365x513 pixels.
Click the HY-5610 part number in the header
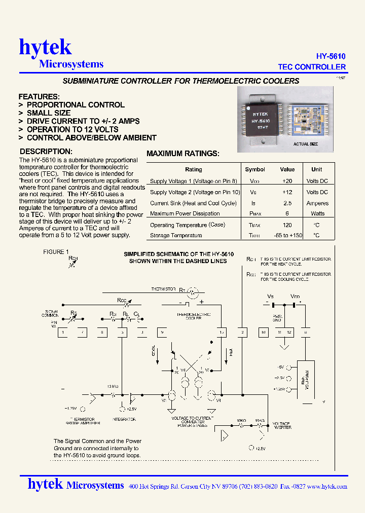coord(331,56)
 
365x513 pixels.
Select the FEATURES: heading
coord(39,96)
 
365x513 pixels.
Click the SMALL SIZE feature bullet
coord(48,113)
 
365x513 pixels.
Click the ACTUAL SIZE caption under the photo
coord(306,144)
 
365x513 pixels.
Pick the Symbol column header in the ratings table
coord(255,169)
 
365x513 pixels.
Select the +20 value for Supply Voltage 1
coord(287,181)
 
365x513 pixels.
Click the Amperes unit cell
coord(317,203)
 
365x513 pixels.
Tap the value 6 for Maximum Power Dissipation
coord(287,213)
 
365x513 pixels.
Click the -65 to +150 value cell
coord(287,235)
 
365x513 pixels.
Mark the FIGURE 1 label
coord(56,252)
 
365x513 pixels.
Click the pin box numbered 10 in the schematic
coord(263,333)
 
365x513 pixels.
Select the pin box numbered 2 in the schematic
coord(243,333)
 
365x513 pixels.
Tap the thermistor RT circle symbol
coord(193,292)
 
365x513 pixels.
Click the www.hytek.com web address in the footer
coord(327,486)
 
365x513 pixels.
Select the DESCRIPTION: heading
coord(46,151)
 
